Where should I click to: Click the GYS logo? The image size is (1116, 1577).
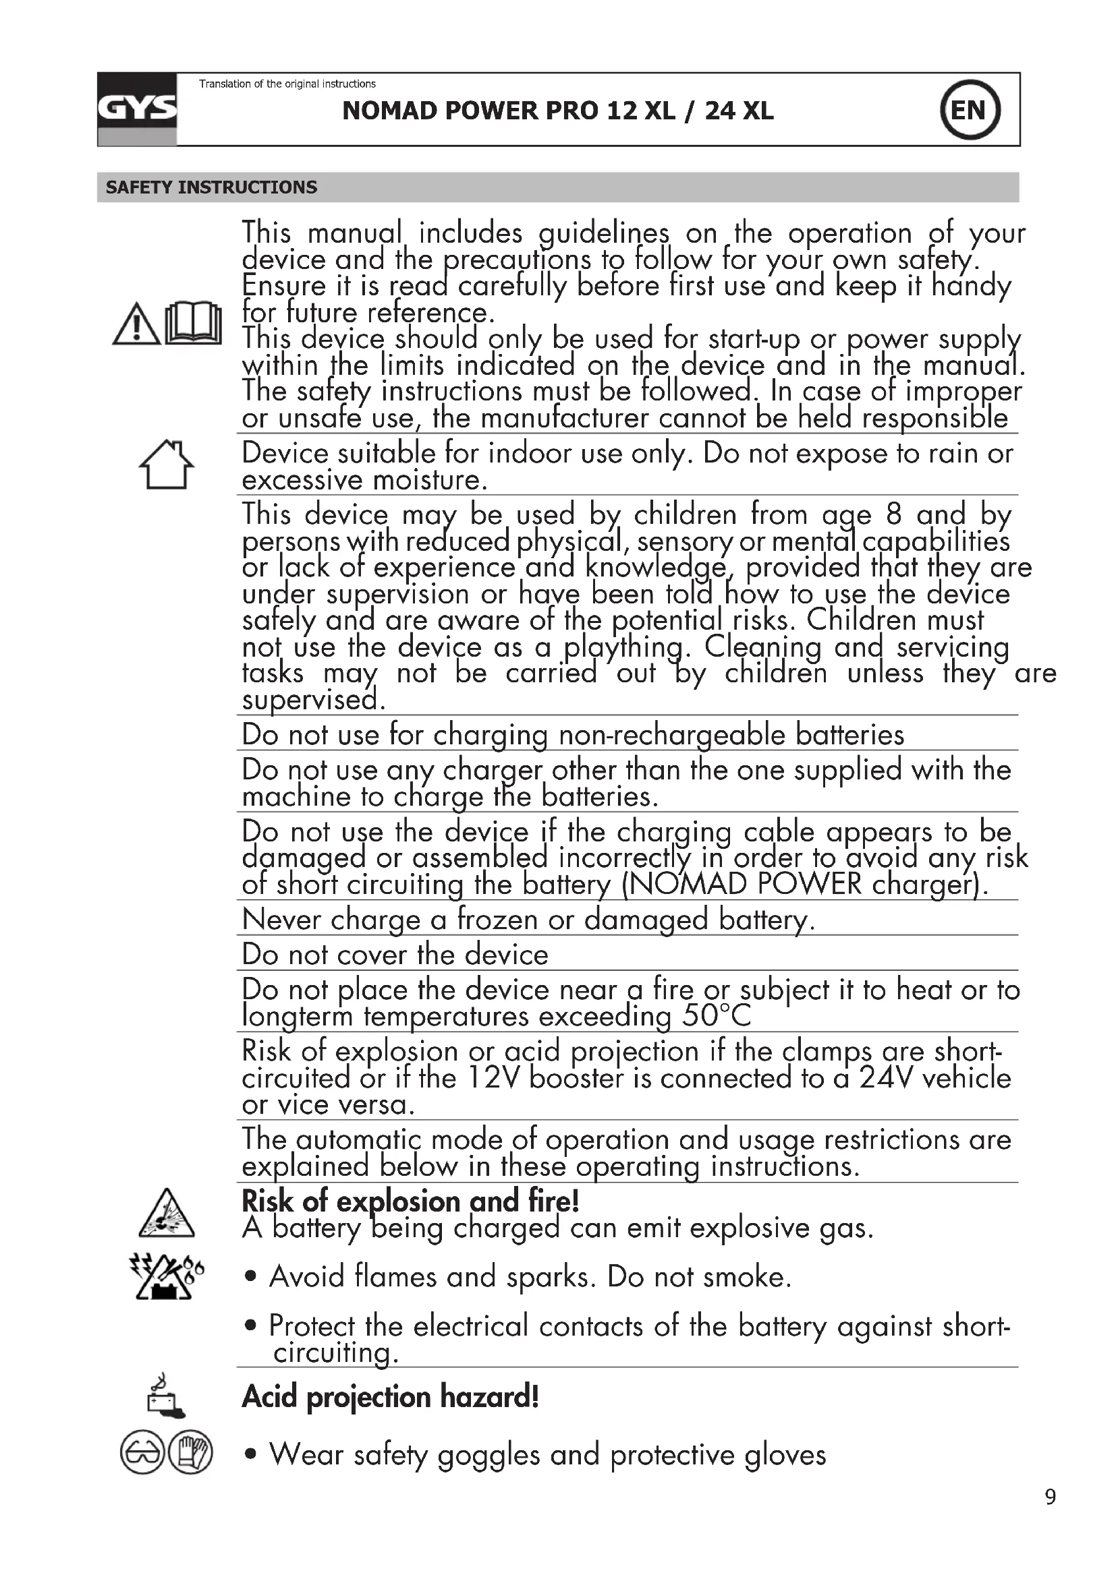(137, 109)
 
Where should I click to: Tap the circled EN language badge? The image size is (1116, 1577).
(969, 110)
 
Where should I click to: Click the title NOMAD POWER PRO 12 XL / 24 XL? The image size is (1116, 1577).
(557, 111)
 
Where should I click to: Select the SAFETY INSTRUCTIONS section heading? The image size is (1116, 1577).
(211, 187)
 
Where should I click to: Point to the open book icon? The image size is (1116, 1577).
(194, 324)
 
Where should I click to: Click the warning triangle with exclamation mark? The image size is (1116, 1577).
(136, 325)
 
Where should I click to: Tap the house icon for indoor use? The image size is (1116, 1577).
(166, 465)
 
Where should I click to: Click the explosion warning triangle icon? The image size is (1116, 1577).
(166, 1214)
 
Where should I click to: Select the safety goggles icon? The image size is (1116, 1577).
(142, 1454)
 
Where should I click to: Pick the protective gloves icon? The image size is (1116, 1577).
(190, 1454)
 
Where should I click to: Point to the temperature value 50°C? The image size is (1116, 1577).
(717, 1016)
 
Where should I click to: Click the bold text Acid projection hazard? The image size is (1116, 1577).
(390, 1397)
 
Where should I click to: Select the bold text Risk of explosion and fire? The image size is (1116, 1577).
(410, 1201)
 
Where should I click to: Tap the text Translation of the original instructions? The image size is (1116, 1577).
(287, 84)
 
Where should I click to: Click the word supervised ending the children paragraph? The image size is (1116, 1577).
(313, 700)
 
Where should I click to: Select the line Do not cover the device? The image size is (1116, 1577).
(395, 955)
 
